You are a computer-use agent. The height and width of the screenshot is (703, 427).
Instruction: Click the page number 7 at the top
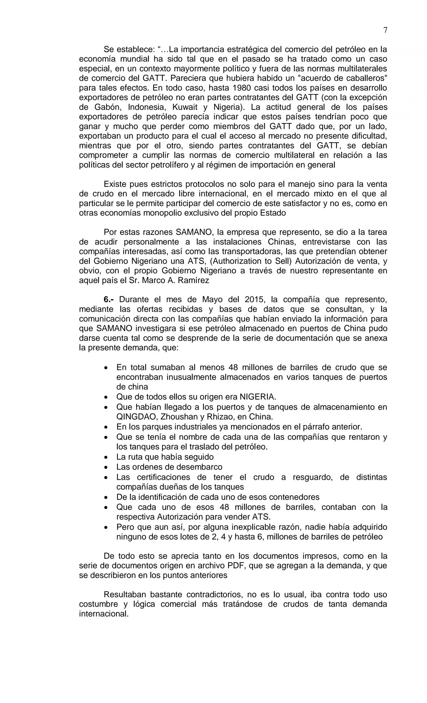coord(385,30)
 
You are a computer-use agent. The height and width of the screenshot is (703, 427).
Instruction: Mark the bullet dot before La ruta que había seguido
coord(106,457)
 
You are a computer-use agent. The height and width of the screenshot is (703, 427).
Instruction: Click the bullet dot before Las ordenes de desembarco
coord(106,467)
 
